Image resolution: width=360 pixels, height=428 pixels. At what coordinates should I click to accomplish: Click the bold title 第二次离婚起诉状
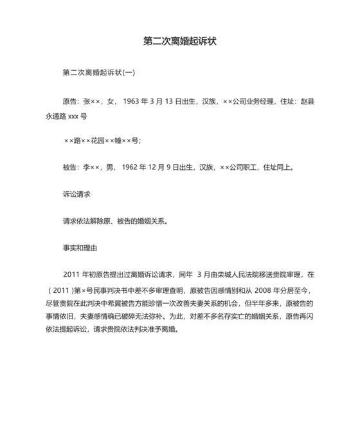[x=179, y=41]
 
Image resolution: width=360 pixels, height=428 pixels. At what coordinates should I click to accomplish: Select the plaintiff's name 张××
[x=93, y=102]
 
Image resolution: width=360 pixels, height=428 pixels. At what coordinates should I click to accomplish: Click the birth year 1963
[x=131, y=102]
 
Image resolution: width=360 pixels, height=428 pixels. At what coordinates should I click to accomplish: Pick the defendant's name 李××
[x=93, y=168]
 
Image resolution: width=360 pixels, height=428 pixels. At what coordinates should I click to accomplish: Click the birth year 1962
[x=131, y=168]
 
